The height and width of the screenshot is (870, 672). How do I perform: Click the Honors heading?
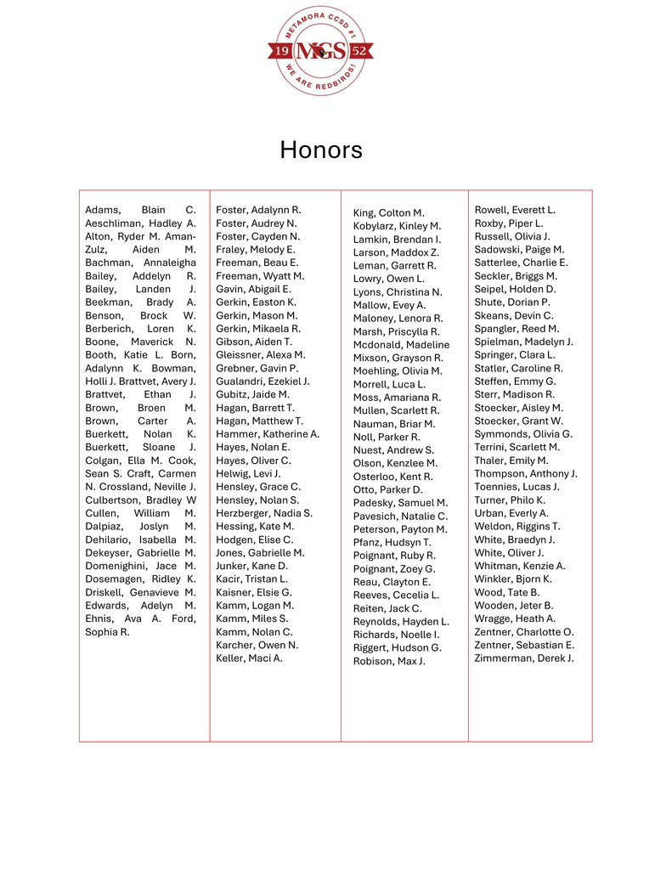[321, 150]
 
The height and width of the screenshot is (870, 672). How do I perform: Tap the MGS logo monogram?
[322, 52]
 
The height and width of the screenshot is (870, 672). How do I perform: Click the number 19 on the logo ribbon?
[283, 52]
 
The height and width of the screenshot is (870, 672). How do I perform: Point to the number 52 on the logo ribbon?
[359, 52]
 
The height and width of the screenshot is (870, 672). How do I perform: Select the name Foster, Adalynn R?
[258, 210]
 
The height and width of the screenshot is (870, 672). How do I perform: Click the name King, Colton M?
[388, 213]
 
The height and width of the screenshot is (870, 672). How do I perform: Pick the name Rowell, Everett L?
[515, 210]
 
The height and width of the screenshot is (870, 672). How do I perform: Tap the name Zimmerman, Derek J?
[524, 658]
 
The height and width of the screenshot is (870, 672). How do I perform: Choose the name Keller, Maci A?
[249, 658]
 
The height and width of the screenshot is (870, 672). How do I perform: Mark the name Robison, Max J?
[389, 662]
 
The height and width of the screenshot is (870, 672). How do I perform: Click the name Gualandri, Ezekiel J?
[263, 381]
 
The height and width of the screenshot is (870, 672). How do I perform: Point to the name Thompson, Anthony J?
[526, 474]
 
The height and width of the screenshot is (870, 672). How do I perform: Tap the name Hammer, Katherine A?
[268, 434]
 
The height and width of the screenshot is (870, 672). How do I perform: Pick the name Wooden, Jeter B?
[514, 606]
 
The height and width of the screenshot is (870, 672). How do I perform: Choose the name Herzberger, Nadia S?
[264, 513]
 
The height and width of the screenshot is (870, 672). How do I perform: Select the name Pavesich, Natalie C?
[400, 517]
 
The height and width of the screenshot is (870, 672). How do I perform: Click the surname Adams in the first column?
[103, 210]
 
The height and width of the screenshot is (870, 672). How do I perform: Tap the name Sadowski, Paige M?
[519, 250]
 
